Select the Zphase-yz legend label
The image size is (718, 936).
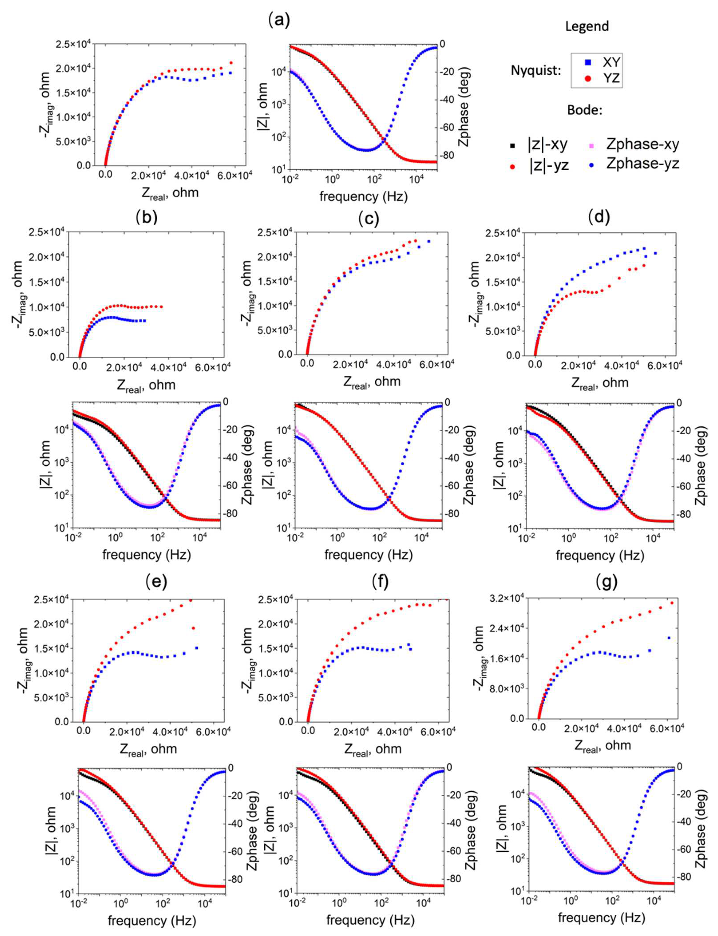(642, 164)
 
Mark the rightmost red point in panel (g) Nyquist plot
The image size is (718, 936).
(672, 603)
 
